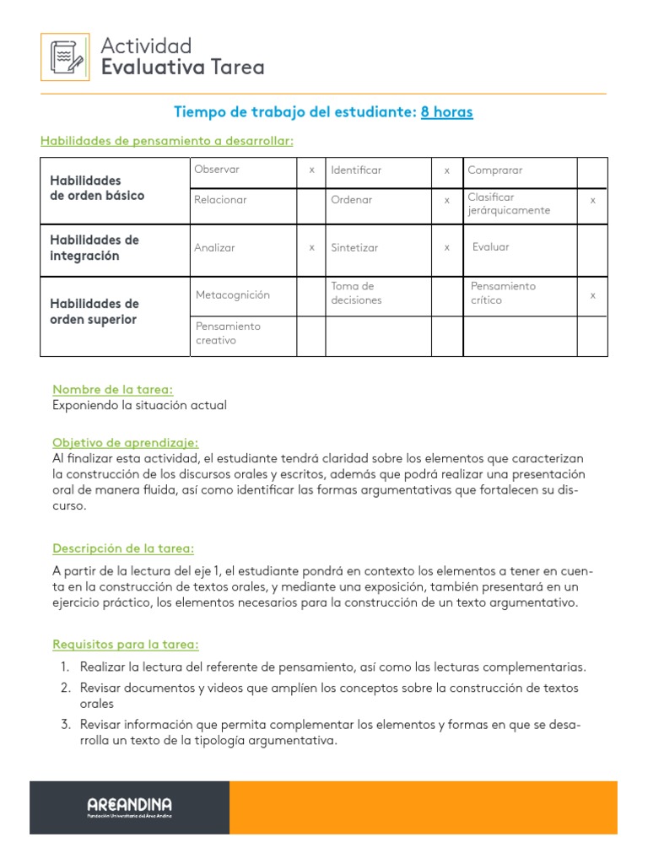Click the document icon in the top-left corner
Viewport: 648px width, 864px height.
(65, 57)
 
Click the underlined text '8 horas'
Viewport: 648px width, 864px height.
(446, 112)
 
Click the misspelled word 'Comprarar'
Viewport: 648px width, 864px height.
(495, 170)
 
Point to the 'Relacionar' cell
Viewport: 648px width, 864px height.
(220, 201)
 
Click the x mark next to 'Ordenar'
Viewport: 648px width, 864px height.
(447, 201)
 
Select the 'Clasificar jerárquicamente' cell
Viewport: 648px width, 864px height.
(509, 203)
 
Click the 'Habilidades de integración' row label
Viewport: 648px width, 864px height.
(94, 248)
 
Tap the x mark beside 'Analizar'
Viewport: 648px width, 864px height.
(311, 248)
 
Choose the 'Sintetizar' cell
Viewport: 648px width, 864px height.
(354, 248)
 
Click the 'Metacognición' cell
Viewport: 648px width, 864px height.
(233, 295)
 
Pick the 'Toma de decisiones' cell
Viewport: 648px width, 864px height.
(356, 293)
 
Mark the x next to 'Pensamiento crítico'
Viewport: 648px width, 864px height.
(592, 295)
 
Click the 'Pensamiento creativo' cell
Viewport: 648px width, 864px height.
(228, 333)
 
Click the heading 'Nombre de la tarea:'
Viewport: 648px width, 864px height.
(112, 389)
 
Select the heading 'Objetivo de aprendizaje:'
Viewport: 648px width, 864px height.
(126, 442)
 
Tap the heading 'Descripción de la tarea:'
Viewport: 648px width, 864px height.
(123, 548)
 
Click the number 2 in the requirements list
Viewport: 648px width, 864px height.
(65, 688)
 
